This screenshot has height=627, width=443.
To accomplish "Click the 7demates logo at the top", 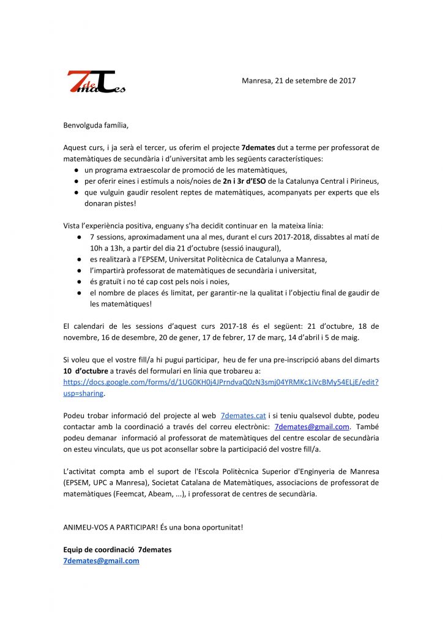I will [x=96, y=82].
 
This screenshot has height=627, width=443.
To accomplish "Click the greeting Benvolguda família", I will [x=97, y=126].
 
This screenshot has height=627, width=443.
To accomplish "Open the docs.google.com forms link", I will [x=221, y=382].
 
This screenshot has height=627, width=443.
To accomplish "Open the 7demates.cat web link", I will [x=243, y=416].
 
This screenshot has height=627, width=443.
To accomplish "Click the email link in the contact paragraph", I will [x=312, y=427].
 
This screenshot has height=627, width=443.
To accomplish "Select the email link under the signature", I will [x=101, y=560].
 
